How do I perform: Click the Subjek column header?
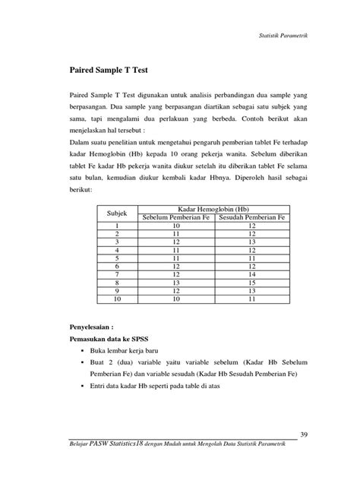click(117, 213)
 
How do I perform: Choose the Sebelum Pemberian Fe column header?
click(177, 217)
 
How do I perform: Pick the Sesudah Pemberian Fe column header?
click(251, 217)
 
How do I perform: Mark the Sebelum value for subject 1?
click(177, 225)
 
